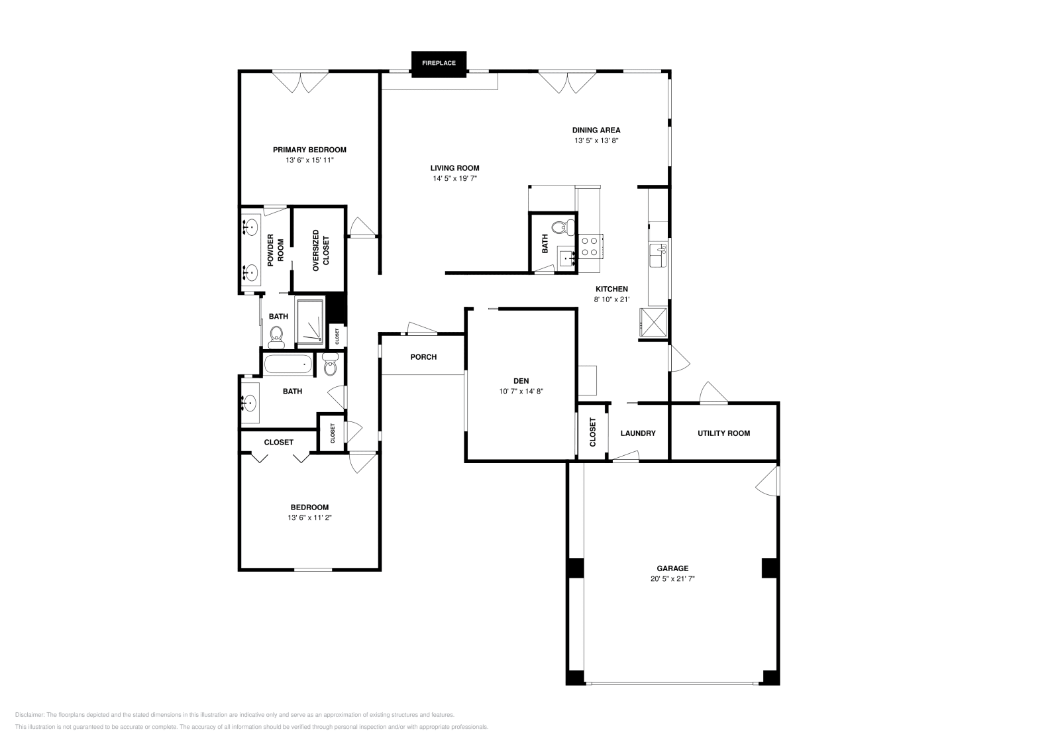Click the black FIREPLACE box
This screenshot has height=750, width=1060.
pyautogui.click(x=439, y=64)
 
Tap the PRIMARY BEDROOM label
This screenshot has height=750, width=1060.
pyautogui.click(x=309, y=150)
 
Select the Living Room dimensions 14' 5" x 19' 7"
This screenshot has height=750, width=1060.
pyautogui.click(x=454, y=178)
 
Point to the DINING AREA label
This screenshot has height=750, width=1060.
pyautogui.click(x=596, y=130)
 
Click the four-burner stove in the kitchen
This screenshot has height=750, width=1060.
pyautogui.click(x=590, y=246)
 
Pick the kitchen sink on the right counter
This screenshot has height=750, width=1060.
pyautogui.click(x=659, y=256)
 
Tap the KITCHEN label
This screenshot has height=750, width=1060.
pyautogui.click(x=612, y=289)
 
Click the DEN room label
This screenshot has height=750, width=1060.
pyautogui.click(x=521, y=381)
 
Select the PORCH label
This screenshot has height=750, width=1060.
pyautogui.click(x=423, y=357)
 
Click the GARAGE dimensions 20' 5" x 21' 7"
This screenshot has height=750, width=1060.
pyautogui.click(x=672, y=578)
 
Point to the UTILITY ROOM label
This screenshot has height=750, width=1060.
pyautogui.click(x=723, y=433)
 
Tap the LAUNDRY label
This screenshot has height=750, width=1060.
pyautogui.click(x=638, y=433)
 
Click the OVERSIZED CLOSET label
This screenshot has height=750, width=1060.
pyautogui.click(x=321, y=251)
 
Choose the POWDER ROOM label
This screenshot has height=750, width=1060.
pyautogui.click(x=276, y=250)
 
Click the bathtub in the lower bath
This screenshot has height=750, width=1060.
pyautogui.click(x=289, y=364)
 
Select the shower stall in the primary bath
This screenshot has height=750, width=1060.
pyautogui.click(x=310, y=321)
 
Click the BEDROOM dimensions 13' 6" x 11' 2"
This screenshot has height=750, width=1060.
pyautogui.click(x=309, y=517)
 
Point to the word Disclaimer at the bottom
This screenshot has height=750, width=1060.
pyautogui.click(x=30, y=715)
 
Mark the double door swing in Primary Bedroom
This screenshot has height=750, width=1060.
pyautogui.click(x=300, y=82)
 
